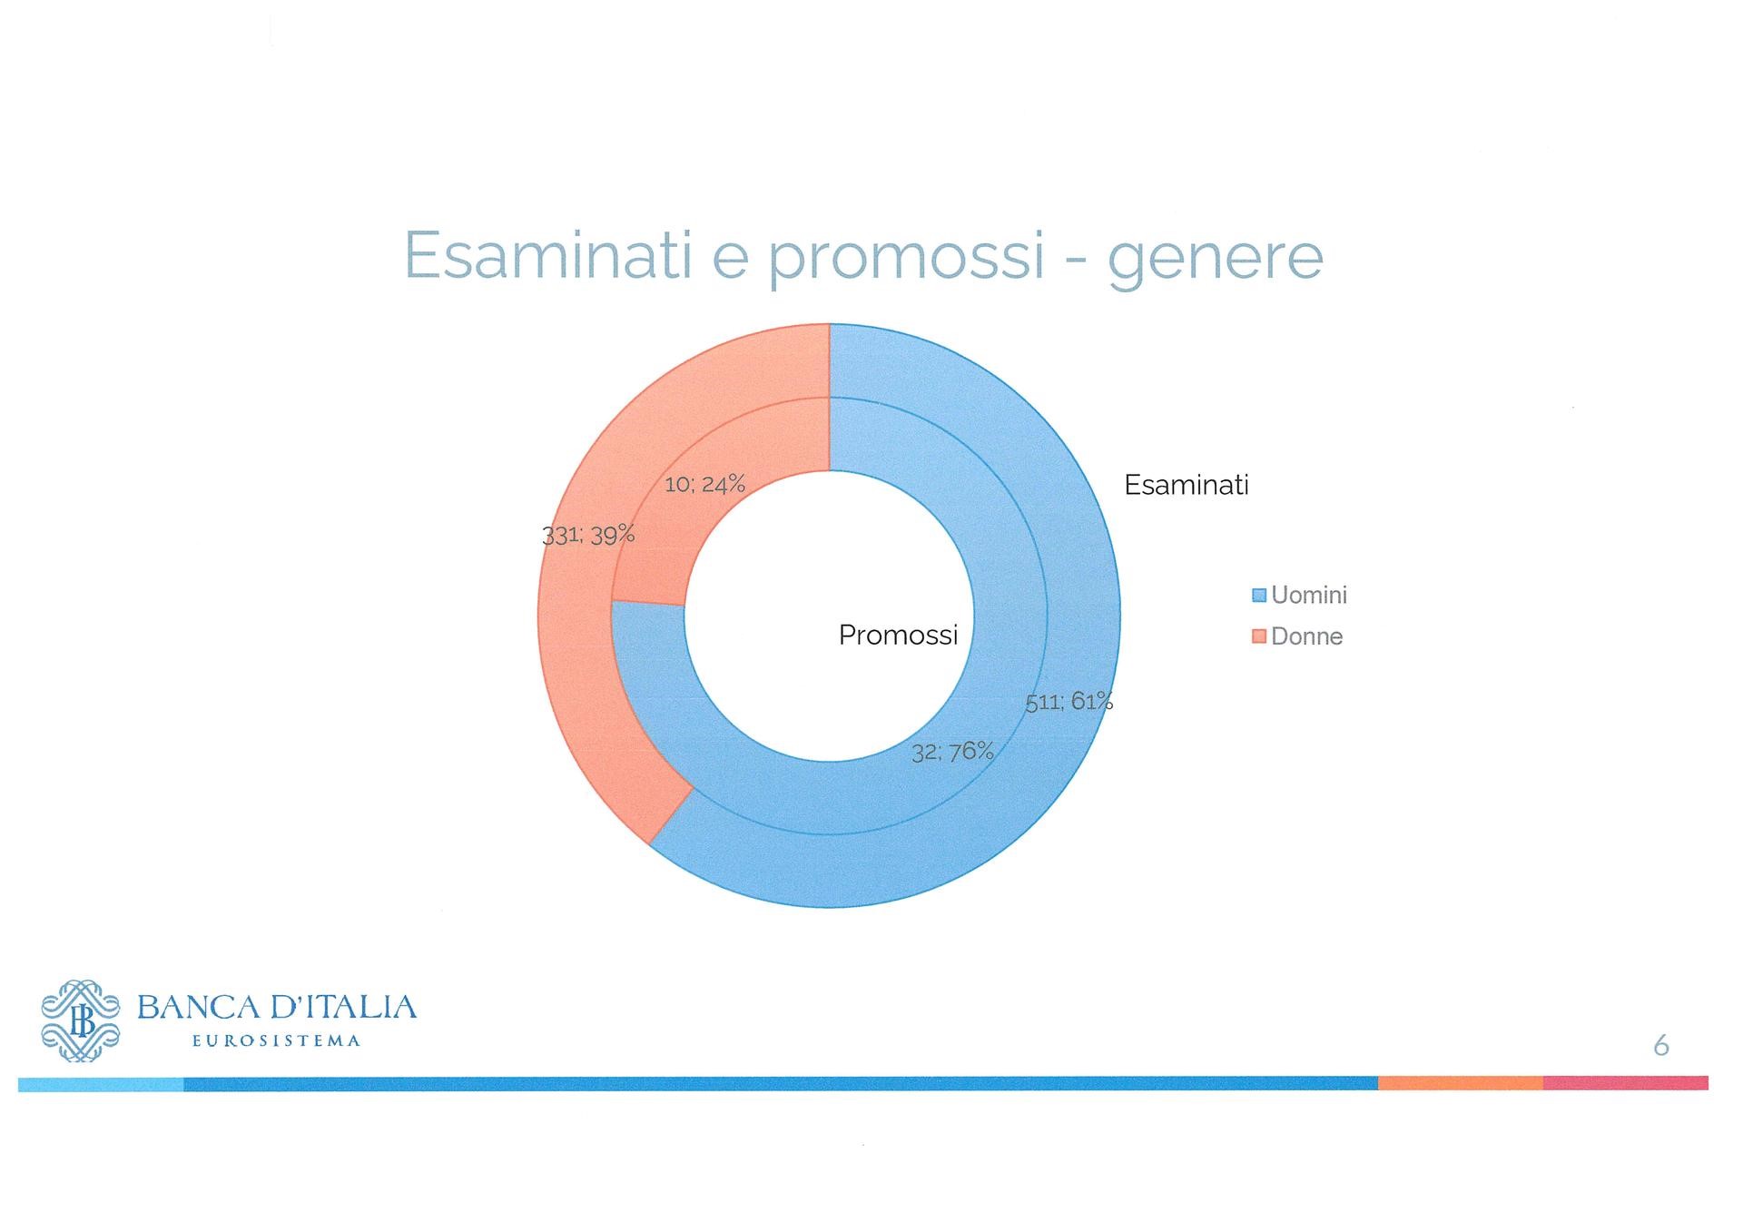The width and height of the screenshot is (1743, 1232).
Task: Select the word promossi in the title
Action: pos(907,259)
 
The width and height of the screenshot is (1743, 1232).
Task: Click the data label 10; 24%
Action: pos(704,484)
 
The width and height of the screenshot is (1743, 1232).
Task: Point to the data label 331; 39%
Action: pos(588,535)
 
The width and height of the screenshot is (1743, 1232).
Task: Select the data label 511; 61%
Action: pos(1069,701)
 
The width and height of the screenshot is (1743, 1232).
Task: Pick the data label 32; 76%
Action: pos(952,752)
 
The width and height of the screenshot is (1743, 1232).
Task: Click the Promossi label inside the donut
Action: pos(898,635)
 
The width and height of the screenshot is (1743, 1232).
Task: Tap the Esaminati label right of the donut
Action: pos(1187,485)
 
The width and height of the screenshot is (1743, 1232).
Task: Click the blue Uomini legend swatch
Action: pos(1258,596)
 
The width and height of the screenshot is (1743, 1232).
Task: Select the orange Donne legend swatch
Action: pos(1258,636)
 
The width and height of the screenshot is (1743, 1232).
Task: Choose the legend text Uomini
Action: pos(1309,596)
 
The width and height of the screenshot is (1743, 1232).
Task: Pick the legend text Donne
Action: pos(1306,636)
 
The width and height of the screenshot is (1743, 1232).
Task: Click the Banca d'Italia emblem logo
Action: pos(81,1020)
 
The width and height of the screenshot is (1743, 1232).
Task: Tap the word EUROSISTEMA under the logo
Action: pos(277,1041)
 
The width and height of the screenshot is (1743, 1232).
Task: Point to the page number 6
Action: pos(1661,1046)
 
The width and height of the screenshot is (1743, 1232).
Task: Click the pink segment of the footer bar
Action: pos(1626,1083)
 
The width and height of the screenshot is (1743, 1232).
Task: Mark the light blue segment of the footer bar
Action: pos(101,1084)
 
